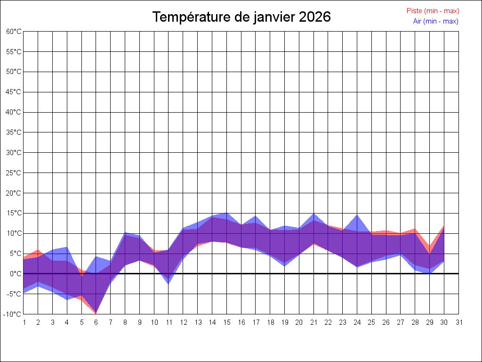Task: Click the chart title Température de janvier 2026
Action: tap(241, 17)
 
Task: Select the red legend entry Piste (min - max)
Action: tap(433, 11)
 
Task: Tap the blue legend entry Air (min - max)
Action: tap(435, 21)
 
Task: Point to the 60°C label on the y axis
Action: tap(14, 32)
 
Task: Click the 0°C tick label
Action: tap(16, 274)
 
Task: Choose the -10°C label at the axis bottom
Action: tap(13, 314)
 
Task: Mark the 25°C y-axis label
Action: tap(14, 173)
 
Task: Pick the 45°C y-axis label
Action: tap(14, 92)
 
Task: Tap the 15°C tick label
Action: tap(14, 213)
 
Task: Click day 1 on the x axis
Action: tap(24, 322)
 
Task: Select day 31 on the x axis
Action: tap(459, 322)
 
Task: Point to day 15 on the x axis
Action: tap(227, 322)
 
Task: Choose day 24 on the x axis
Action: tap(357, 322)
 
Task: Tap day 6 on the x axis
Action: tap(96, 322)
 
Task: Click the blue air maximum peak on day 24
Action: tap(357, 215)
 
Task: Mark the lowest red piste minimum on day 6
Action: tap(96, 313)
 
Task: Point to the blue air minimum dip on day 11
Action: tap(169, 284)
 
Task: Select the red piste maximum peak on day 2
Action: tap(38, 250)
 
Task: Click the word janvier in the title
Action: tap(273, 17)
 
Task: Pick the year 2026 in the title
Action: tap(315, 17)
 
